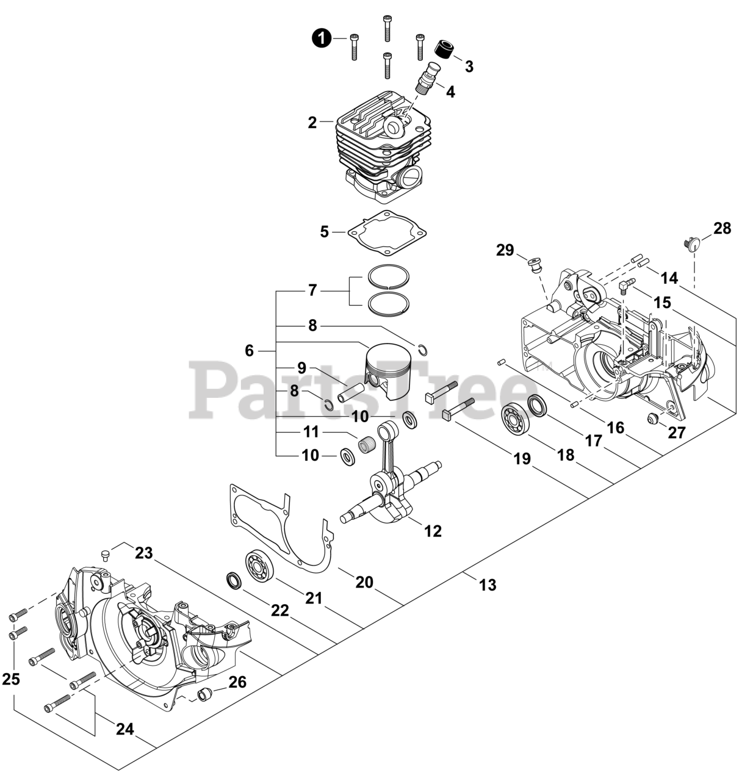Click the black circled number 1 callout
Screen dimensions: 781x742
tap(322, 38)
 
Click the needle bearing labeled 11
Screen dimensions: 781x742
tap(367, 445)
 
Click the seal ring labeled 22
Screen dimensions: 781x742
tap(234, 580)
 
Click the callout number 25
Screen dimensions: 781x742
tap(10, 678)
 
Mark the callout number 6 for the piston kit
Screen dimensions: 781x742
tap(249, 351)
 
